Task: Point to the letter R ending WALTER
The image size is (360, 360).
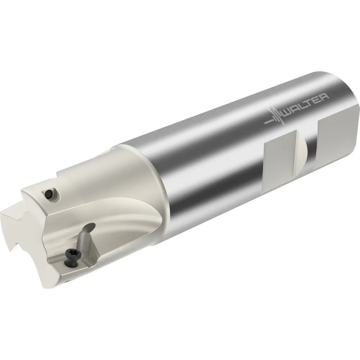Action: click(x=324, y=96)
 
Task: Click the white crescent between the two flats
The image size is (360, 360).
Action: click(x=302, y=149)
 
